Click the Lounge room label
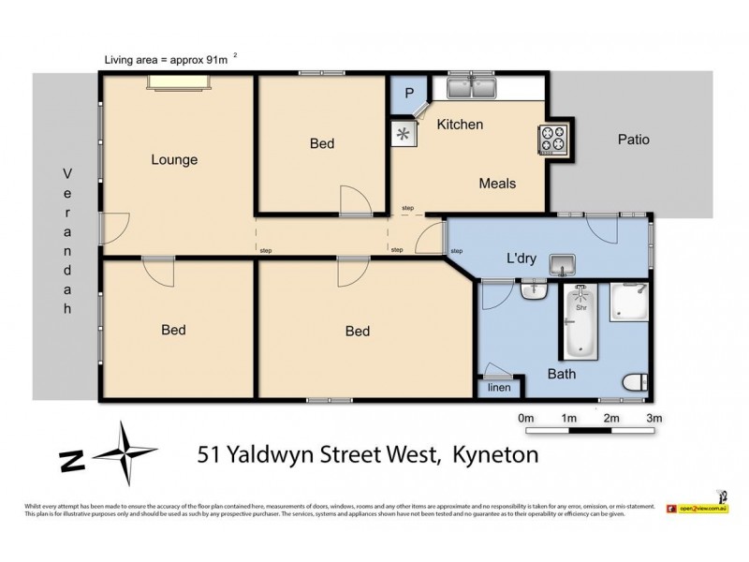(x=174, y=159)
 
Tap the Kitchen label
(x=460, y=125)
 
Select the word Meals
(x=497, y=184)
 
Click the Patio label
(x=633, y=140)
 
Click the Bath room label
(x=562, y=374)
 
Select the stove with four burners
(x=553, y=140)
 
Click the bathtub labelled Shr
(x=580, y=323)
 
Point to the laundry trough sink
(x=562, y=264)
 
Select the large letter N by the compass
(x=70, y=460)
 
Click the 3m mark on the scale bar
(x=654, y=418)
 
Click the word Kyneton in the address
(x=495, y=455)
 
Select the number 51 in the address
(x=211, y=455)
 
